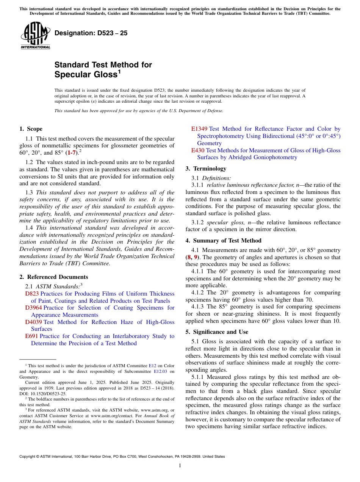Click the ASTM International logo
[35, 36]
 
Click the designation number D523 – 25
[91, 33]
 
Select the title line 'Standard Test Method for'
[103, 65]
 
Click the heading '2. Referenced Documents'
[53, 277]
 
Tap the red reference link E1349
[199, 129]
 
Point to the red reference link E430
[197, 150]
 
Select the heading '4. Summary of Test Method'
[223, 241]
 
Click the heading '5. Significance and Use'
[217, 332]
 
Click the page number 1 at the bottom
[180, 465]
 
